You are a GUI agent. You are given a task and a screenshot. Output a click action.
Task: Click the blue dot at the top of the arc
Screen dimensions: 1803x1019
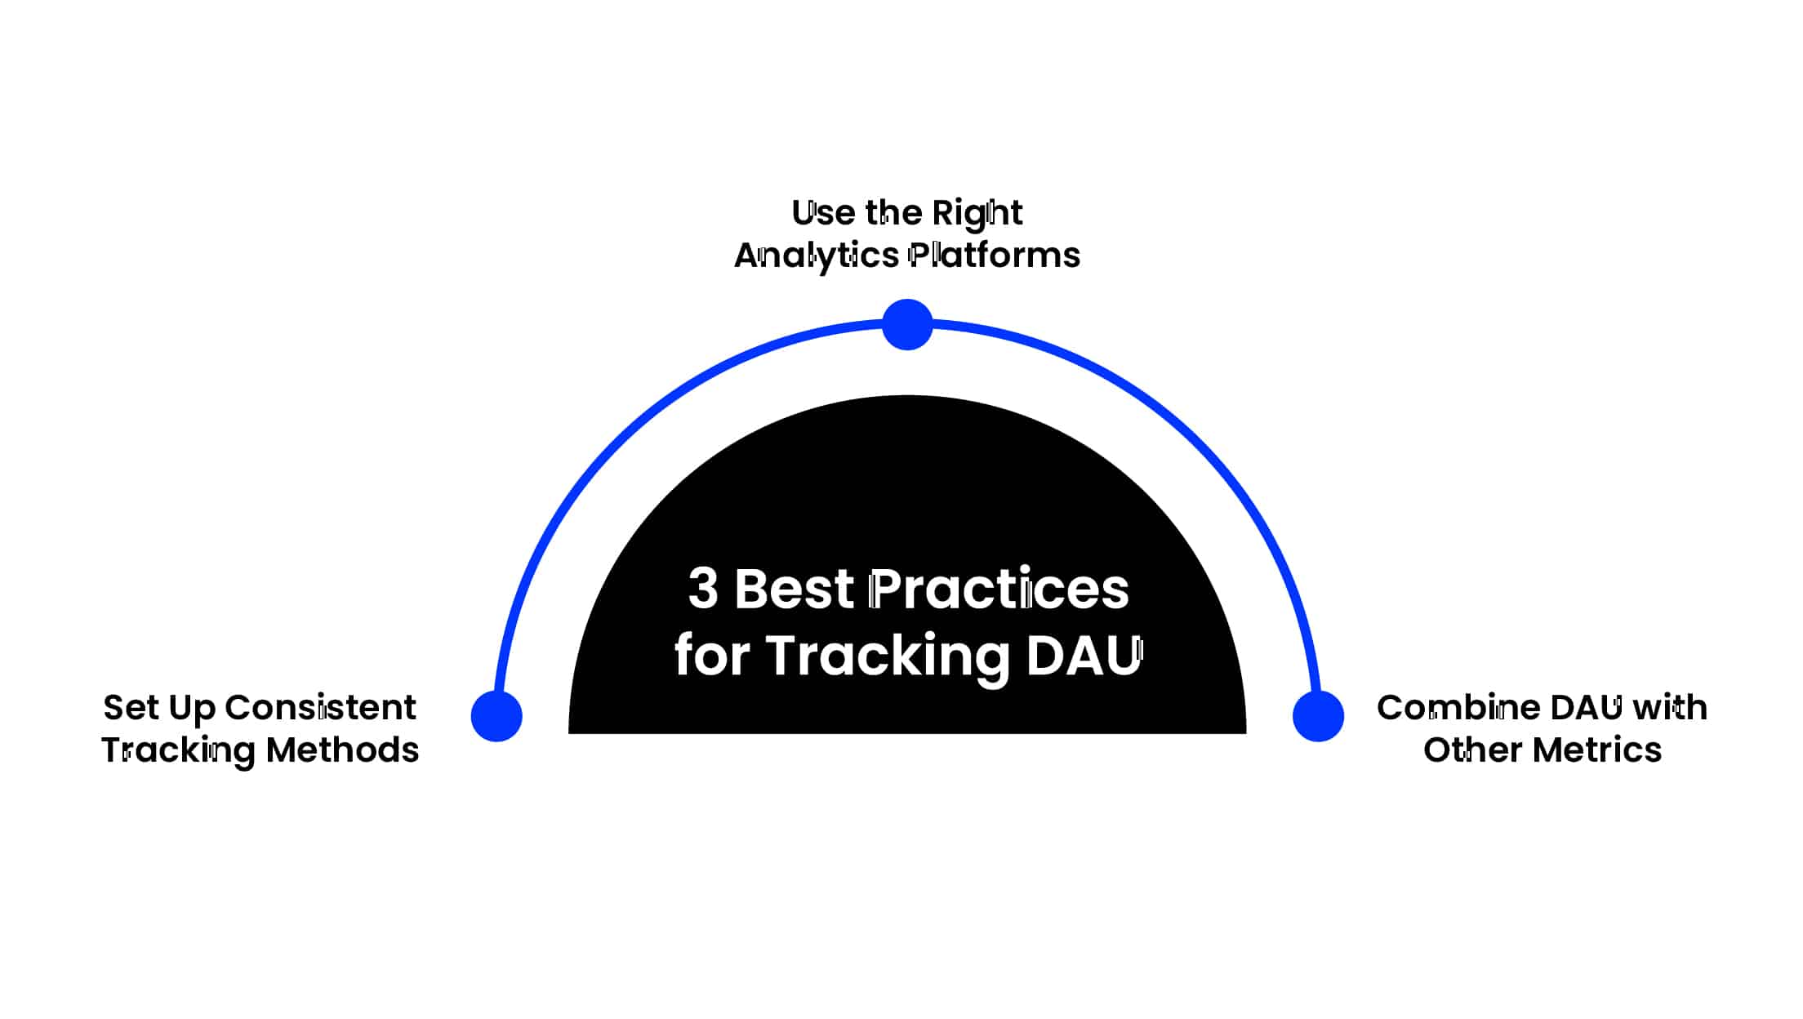907,324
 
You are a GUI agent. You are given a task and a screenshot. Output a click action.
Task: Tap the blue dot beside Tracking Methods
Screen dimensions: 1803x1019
496,716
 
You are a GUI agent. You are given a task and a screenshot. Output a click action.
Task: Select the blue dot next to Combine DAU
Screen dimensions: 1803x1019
1318,716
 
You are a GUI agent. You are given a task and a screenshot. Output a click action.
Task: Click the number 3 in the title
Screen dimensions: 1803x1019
703,588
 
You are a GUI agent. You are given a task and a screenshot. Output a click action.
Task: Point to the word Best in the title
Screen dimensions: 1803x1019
795,588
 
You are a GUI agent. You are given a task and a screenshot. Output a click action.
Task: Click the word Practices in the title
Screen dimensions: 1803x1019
999,588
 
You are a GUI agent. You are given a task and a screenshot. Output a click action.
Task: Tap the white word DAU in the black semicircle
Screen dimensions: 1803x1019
1084,655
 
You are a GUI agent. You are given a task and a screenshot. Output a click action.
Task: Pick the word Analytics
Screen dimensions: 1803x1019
817,256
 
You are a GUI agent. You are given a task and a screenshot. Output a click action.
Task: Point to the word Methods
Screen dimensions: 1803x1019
343,750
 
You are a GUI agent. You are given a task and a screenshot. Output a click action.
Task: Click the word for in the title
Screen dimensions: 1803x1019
712,655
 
